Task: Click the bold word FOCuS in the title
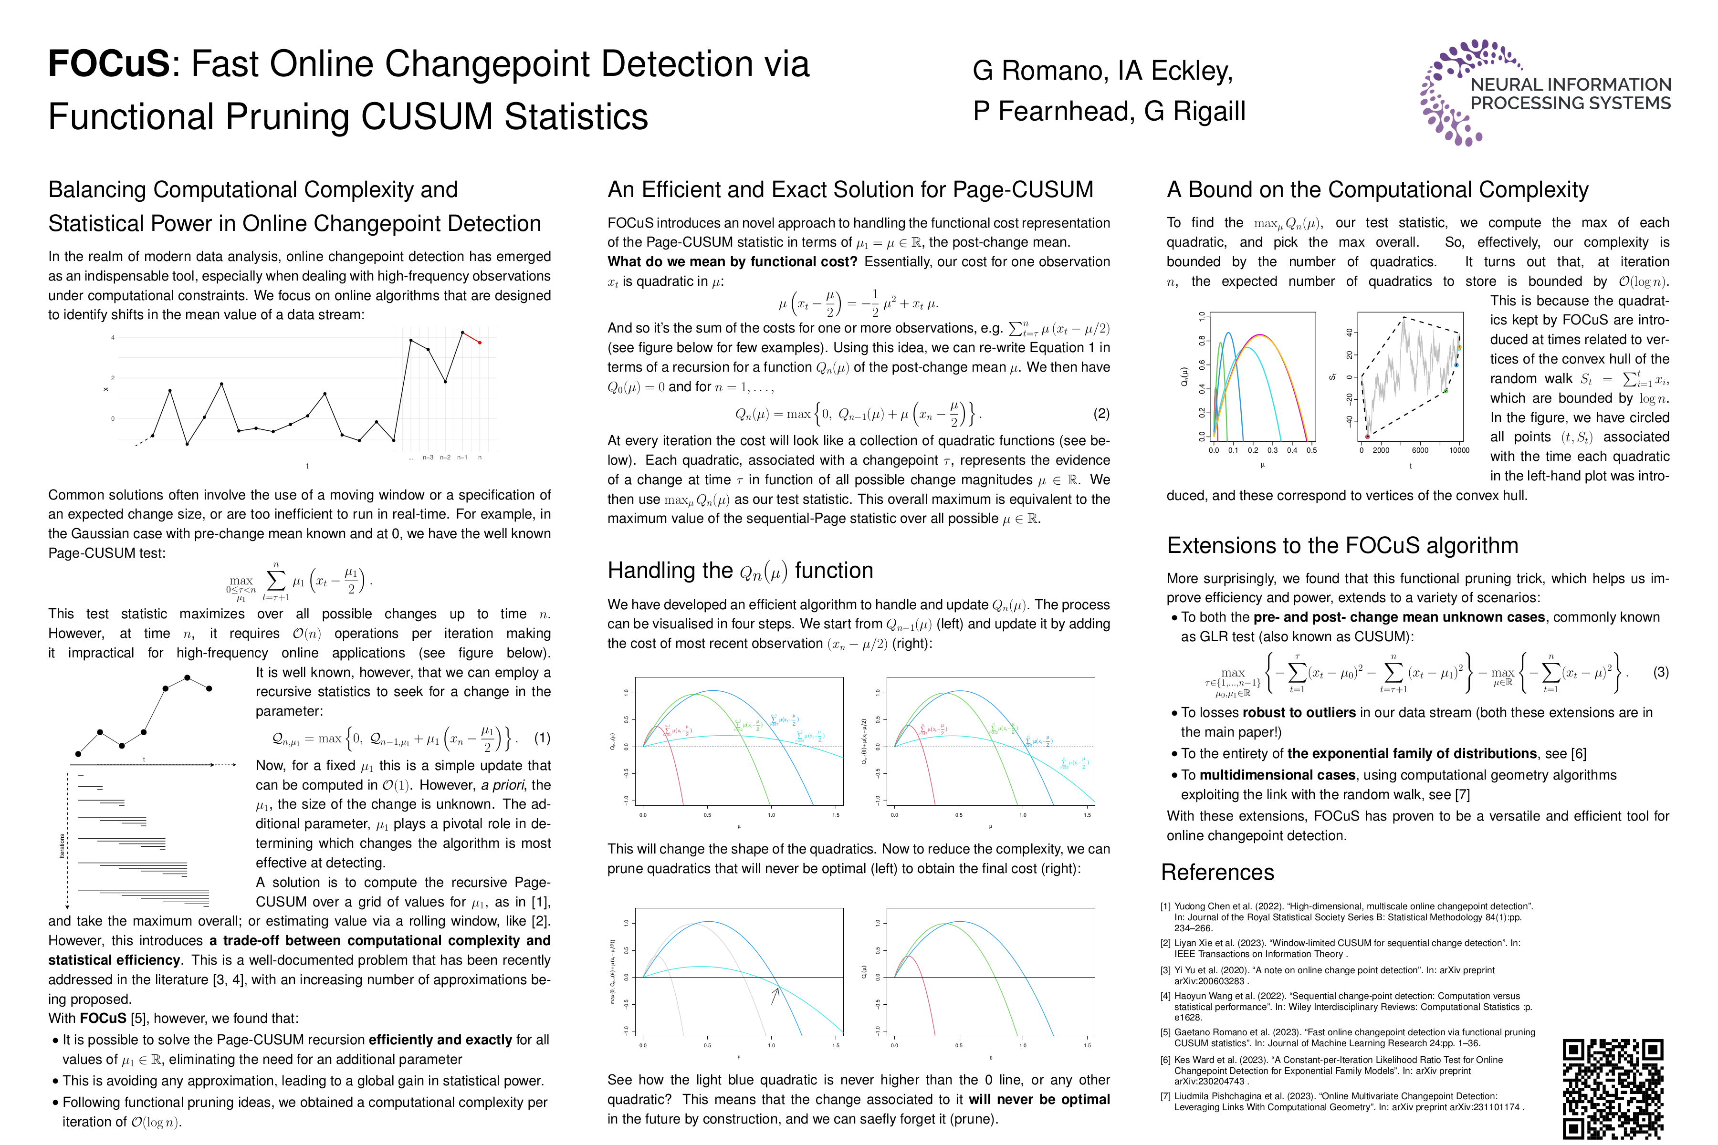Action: click(109, 64)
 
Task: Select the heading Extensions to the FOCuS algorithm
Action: click(1342, 545)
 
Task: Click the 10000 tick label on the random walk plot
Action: click(1459, 450)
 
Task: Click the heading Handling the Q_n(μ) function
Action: click(740, 570)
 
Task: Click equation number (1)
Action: click(542, 738)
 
